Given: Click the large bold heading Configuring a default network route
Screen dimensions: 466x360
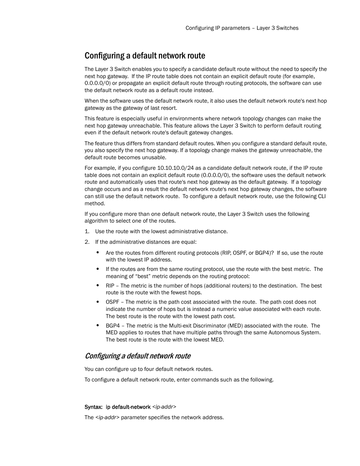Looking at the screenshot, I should pyautogui.click(x=145, y=56).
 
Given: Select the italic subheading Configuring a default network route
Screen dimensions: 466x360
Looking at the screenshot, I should pyautogui.click(x=137, y=356).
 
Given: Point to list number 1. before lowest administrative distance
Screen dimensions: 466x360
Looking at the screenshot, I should pyautogui.click(x=87, y=231).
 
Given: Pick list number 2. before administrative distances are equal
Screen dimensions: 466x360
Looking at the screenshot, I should pyautogui.click(x=87, y=242).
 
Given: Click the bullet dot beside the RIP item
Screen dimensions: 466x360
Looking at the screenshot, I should pyautogui.click(x=97, y=286).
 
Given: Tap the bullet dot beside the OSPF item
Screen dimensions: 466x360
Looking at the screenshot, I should pyautogui.click(x=97, y=302).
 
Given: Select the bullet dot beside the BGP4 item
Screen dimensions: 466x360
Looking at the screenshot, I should pyautogui.click(x=97, y=326).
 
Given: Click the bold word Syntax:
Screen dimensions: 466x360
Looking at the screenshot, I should pyautogui.click(x=93, y=407).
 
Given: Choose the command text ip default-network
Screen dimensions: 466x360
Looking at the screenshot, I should pyautogui.click(x=128, y=407).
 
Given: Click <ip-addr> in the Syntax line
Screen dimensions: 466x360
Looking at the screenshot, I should pyautogui.click(x=164, y=407).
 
